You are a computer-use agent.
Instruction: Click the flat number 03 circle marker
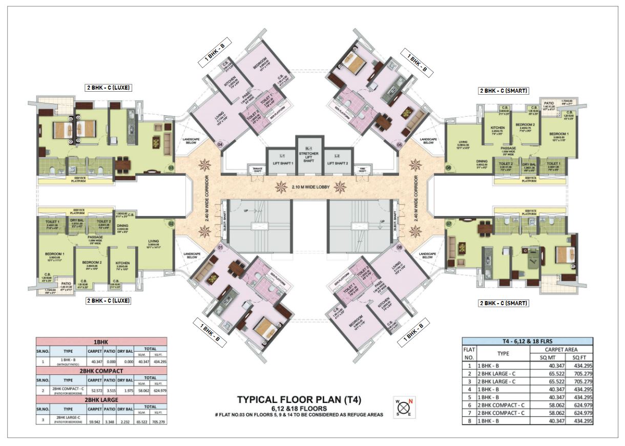coord(171,167)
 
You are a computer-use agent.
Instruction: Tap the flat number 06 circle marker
coord(448,167)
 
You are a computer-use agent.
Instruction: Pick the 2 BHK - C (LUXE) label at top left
coord(109,88)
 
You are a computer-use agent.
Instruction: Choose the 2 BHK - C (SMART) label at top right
coord(503,91)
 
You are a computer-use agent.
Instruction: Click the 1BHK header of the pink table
coord(101,341)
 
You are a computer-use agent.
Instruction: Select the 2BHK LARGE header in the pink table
coord(101,399)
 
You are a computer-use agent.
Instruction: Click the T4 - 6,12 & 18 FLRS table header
coord(527,342)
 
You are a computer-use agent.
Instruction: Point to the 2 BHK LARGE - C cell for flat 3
coord(500,381)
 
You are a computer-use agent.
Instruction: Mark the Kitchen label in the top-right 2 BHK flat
coord(497,128)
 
